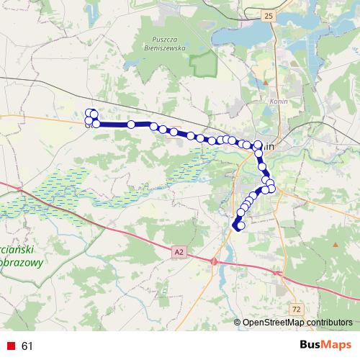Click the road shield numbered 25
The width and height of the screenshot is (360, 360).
click(x=269, y=16)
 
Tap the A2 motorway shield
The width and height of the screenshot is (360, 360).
click(x=179, y=251)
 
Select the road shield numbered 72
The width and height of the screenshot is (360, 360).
click(x=297, y=308)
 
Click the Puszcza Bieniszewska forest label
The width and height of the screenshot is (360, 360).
click(x=165, y=42)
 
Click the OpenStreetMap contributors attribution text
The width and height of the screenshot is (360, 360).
click(x=297, y=323)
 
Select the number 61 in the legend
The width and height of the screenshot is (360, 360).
click(x=28, y=346)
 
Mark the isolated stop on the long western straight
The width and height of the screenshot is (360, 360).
click(x=131, y=125)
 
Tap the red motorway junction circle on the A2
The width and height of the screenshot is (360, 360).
click(x=214, y=261)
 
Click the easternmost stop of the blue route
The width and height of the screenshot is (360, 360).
click(x=271, y=189)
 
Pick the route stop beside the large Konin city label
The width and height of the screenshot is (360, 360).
click(x=258, y=145)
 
